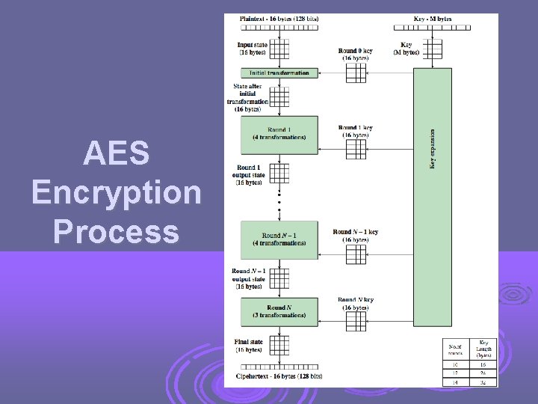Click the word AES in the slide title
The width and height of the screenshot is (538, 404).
click(117, 154)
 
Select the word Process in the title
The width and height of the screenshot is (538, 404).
click(117, 231)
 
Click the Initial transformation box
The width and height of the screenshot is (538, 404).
click(279, 73)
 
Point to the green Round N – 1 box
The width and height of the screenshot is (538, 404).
click(279, 239)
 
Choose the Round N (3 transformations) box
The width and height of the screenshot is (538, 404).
click(279, 311)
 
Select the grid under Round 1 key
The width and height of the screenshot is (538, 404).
click(356, 149)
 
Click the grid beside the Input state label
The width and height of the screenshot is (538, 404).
click(279, 49)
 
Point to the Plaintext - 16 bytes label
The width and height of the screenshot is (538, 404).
click(279, 18)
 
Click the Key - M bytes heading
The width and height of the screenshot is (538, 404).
click(432, 18)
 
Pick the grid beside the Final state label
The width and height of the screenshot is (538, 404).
click(279, 345)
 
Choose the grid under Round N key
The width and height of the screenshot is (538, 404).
click(356, 321)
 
